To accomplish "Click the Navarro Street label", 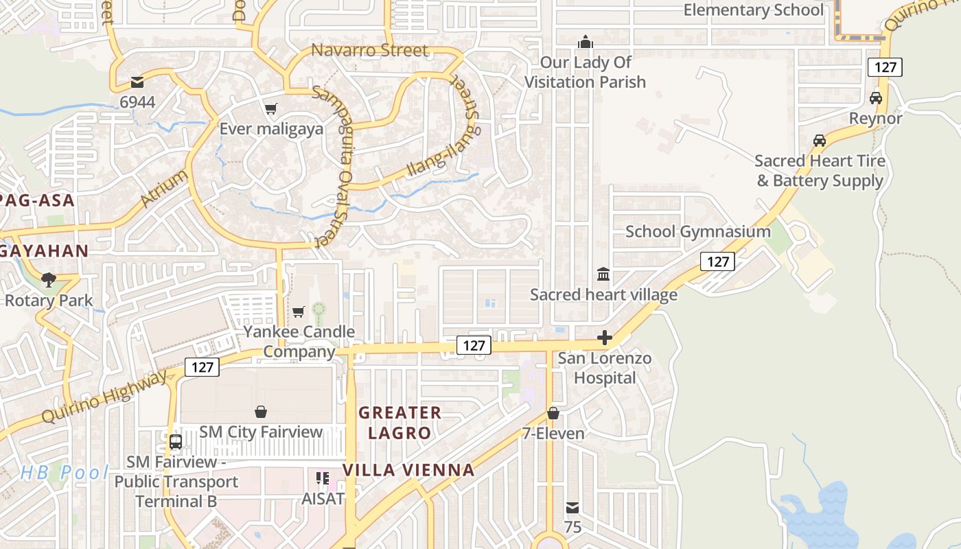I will pos(369,50).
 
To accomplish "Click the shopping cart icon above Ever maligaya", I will pos(271,108).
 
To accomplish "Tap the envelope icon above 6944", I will pos(137,82).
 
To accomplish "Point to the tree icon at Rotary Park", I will pos(48,279).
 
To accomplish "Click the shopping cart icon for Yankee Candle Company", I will pos(299,312).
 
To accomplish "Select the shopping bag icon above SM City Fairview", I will pos(261,412).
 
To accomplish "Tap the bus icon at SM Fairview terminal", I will pos(176,441).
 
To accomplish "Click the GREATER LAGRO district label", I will pos(400,423).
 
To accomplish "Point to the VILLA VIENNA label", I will pos(408,470).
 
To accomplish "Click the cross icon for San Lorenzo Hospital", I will pos(605,338).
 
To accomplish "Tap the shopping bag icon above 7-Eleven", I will pos(553,413).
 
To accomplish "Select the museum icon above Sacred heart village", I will pos(603,274).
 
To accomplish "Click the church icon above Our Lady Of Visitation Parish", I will pos(585,42).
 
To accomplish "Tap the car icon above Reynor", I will pos(876,97).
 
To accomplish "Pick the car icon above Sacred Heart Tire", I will pos(820,140).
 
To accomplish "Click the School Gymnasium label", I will pos(697,231).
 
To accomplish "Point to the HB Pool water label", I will pos(65,472).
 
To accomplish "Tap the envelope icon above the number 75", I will pos(572,508).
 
